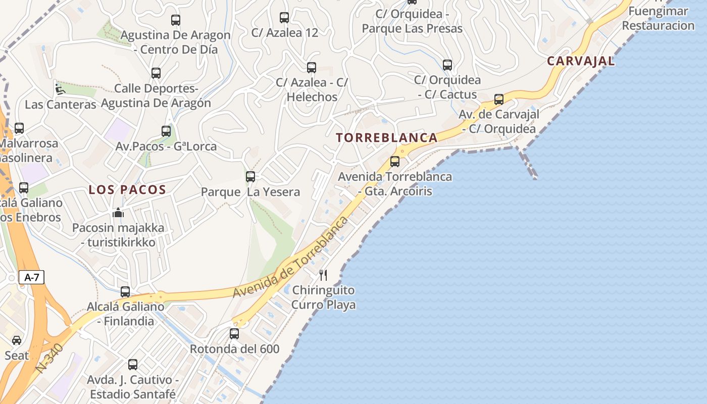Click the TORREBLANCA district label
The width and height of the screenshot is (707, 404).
click(x=387, y=137)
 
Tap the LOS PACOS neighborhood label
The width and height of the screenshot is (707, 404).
click(x=127, y=190)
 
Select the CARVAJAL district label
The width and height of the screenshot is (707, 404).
click(x=581, y=61)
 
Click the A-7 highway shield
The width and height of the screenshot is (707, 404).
click(x=31, y=277)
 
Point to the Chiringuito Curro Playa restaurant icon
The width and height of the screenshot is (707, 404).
click(x=323, y=275)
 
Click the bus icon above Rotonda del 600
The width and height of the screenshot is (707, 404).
click(x=234, y=334)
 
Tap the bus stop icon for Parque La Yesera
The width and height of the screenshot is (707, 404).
click(x=250, y=177)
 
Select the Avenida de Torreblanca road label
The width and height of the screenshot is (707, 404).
click(x=291, y=257)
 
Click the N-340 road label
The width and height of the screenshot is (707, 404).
click(x=49, y=359)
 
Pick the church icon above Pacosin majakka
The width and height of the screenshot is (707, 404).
click(x=118, y=213)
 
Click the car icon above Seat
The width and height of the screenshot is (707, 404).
click(x=17, y=340)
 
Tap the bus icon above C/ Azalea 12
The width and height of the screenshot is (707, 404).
click(x=284, y=18)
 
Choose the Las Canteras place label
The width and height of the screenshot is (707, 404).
click(x=61, y=105)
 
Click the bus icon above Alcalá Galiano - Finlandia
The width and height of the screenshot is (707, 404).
click(x=125, y=291)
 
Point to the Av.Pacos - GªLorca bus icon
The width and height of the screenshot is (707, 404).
click(x=166, y=131)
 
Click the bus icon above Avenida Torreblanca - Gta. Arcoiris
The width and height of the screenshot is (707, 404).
click(x=395, y=162)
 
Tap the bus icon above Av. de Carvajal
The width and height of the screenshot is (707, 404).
click(x=499, y=99)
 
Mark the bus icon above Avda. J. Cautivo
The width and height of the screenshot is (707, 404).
click(x=133, y=365)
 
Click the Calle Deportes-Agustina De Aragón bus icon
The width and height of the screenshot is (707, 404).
click(x=156, y=73)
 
